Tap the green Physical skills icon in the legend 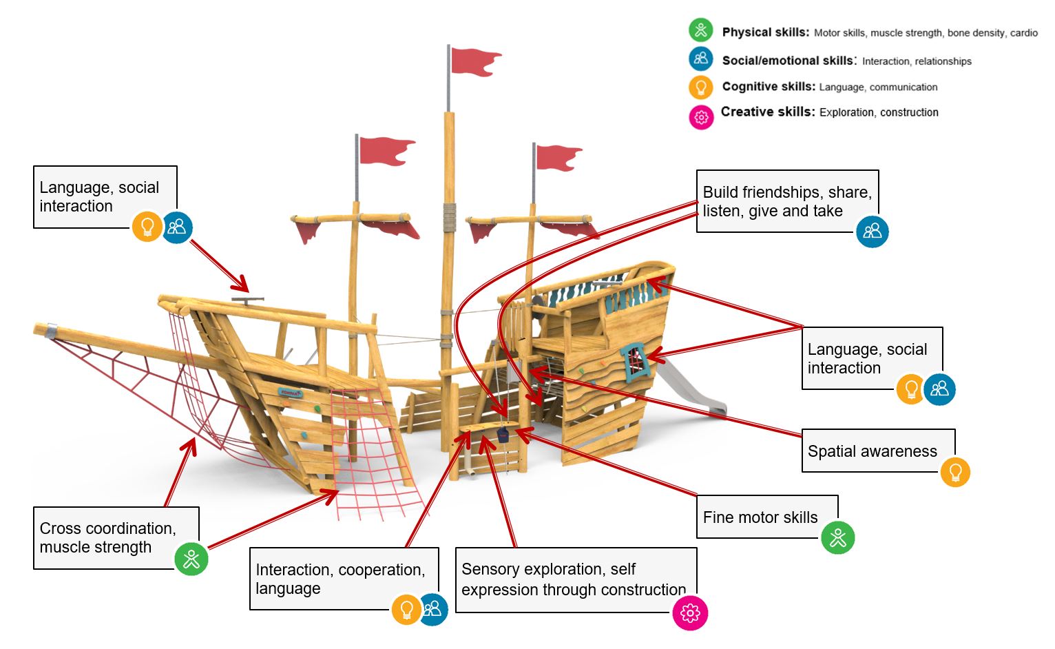pyautogui.click(x=700, y=30)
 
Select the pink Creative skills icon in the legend pyautogui.click(x=700, y=117)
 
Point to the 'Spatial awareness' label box pyautogui.click(x=872, y=451)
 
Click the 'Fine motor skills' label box pyautogui.click(x=760, y=517)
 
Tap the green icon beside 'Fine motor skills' pyautogui.click(x=837, y=537)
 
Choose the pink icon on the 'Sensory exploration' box pyautogui.click(x=689, y=612)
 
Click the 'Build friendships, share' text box pyautogui.click(x=786, y=201)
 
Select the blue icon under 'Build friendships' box pyautogui.click(x=872, y=231)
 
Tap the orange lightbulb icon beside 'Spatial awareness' pyautogui.click(x=955, y=472)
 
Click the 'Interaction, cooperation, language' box pyautogui.click(x=341, y=579)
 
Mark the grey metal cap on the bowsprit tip pyautogui.click(x=50, y=330)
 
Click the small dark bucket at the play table pyautogui.click(x=503, y=435)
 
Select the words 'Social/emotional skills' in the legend pyautogui.click(x=787, y=61)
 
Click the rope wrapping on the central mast pyautogui.click(x=449, y=216)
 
